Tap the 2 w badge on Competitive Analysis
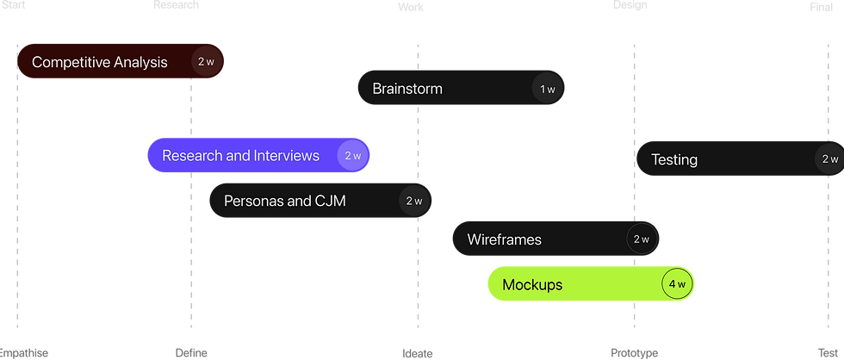206,62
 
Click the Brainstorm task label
407,89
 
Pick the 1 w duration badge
547,89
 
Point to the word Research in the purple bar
192,156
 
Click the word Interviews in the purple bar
286,156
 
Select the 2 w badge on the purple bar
352,156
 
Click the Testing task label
674,159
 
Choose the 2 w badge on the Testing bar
829,159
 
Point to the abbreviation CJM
330,202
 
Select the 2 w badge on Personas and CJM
414,202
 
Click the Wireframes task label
505,239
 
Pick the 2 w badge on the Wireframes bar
642,239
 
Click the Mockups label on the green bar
532,284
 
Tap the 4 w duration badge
676,284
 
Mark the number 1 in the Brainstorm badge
543,89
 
